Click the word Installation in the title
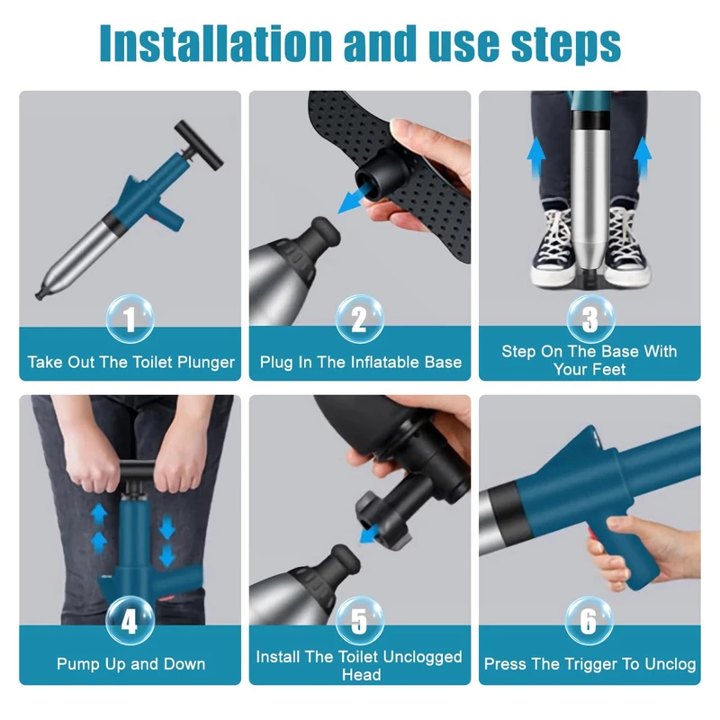pos(215,43)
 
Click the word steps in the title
pos(566,46)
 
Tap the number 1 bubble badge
pos(130,319)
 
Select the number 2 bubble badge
pos(359,319)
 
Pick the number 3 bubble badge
pos(590,319)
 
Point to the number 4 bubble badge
pos(130,621)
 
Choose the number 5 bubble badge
pos(359,621)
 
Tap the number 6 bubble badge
pos(589,621)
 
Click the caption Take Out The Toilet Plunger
pos(130,363)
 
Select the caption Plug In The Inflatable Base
pos(361,363)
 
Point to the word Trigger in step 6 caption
pos(590,664)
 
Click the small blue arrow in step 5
pos(369,535)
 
